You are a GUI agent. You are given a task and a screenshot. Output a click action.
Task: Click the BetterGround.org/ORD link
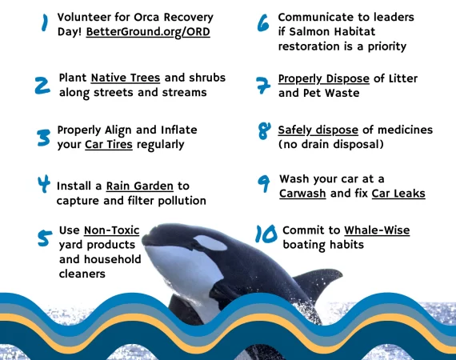(x=148, y=32)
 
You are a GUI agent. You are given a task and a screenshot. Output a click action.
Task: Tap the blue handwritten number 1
(x=45, y=22)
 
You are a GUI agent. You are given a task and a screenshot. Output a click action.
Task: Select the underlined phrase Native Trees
(x=126, y=78)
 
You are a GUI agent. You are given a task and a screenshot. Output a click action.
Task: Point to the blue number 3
(x=44, y=138)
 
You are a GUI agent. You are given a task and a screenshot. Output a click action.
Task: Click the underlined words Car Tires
(x=109, y=145)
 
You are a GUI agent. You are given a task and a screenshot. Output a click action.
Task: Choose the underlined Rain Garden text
(x=139, y=186)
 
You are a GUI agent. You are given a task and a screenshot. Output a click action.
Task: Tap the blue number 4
(x=44, y=184)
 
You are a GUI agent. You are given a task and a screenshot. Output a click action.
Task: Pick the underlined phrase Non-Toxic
(x=112, y=230)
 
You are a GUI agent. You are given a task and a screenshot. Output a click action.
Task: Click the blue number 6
(x=263, y=22)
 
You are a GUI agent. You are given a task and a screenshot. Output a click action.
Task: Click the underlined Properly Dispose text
(x=324, y=79)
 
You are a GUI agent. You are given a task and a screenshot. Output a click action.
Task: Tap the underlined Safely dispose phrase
(x=318, y=130)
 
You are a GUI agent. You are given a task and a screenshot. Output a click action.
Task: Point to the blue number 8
(x=264, y=131)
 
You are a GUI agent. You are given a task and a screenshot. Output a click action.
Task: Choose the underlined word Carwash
(x=302, y=194)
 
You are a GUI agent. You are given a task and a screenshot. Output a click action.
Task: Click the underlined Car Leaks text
(x=398, y=194)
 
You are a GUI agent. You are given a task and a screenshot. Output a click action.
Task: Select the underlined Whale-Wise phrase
(x=377, y=230)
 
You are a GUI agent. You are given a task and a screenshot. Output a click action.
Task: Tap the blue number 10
(x=266, y=234)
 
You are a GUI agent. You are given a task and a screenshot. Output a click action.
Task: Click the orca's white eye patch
(x=210, y=243)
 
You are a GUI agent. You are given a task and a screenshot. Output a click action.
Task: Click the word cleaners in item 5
(x=82, y=274)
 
